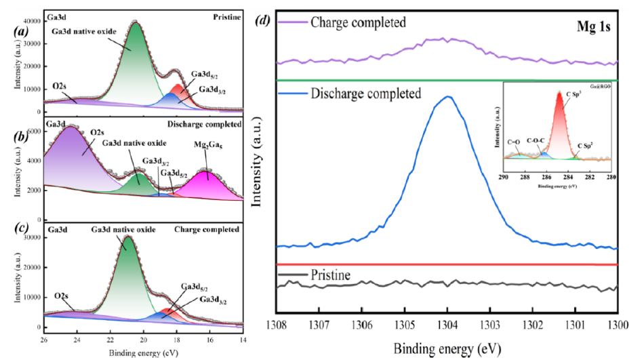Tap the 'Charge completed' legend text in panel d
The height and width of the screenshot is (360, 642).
coord(357,22)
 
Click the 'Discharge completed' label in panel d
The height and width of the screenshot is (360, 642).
coord(366,93)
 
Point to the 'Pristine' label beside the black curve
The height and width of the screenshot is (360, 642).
coord(330,276)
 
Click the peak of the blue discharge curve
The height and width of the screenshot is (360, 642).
coord(448,96)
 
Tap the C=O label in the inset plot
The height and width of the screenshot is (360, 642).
coord(515,142)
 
